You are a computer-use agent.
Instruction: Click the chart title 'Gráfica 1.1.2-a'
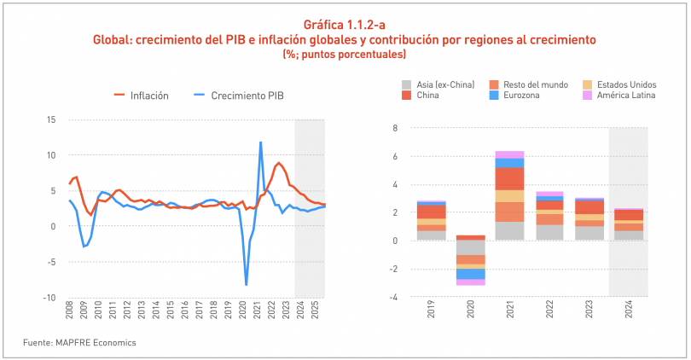[345, 25]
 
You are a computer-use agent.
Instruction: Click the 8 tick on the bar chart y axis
[396, 128]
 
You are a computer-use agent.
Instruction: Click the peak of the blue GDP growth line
[260, 142]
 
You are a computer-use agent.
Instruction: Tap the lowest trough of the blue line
[247, 285]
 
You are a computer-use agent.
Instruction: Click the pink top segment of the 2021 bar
[509, 154]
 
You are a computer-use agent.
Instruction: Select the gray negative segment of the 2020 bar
[469, 247]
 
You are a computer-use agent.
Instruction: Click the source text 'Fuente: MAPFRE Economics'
[79, 343]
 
